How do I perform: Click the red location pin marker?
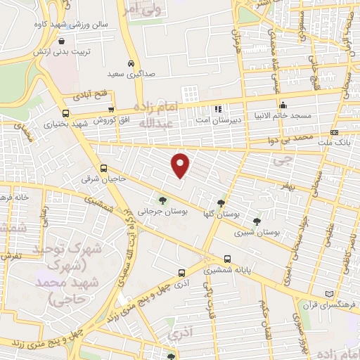(x=181, y=165)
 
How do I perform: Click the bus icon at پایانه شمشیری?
(x=226, y=258)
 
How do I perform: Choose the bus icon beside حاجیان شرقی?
(x=104, y=168)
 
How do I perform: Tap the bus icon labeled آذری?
(x=182, y=271)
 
